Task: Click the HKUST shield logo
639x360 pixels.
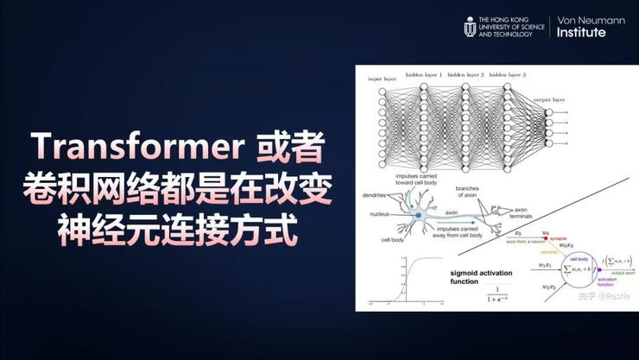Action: pyautogui.click(x=470, y=27)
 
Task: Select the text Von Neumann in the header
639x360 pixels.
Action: pyautogui.click(x=588, y=20)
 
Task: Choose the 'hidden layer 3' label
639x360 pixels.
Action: pyautogui.click(x=508, y=75)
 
